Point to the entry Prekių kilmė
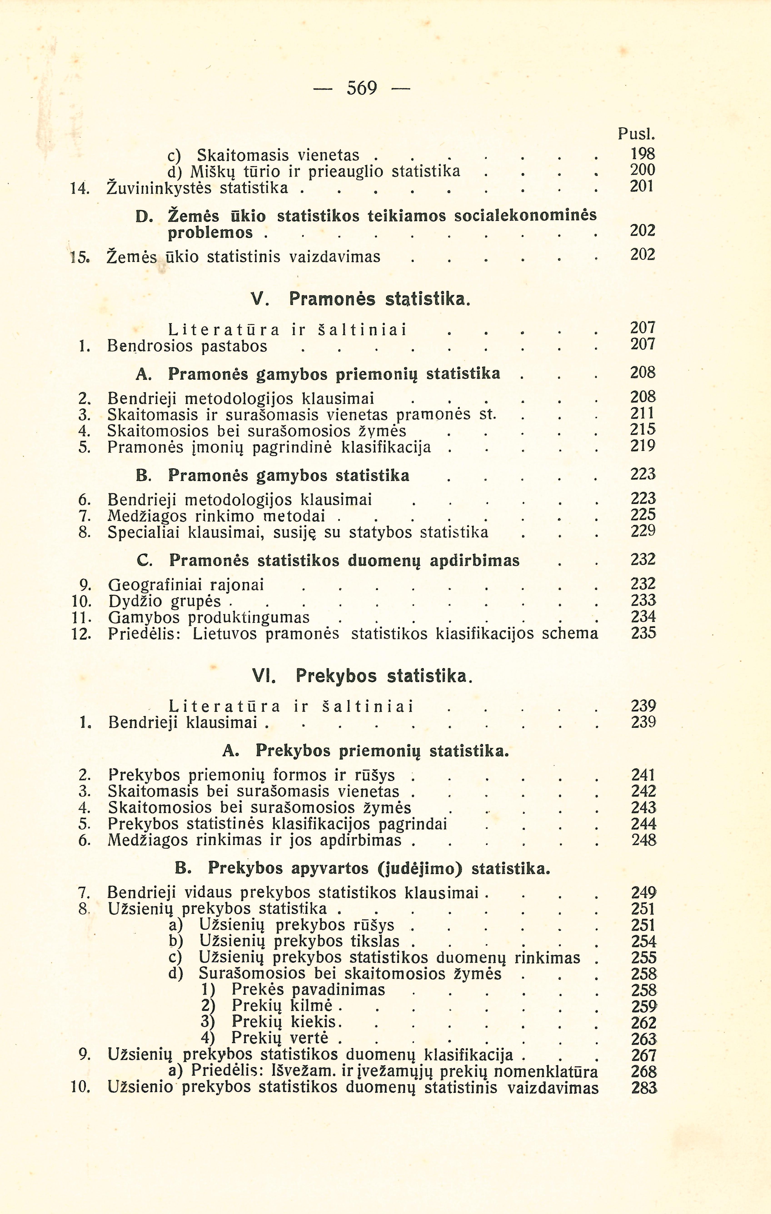(x=281, y=1006)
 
